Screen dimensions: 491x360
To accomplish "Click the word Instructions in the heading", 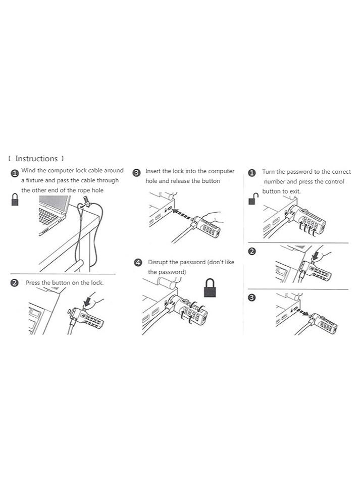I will pyautogui.click(x=36, y=159).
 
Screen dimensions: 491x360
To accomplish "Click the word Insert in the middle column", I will pyautogui.click(x=153, y=172).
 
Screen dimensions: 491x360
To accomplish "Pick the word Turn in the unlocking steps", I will pyautogui.click(x=269, y=172).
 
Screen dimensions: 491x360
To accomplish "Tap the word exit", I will pyautogui.click(x=295, y=191).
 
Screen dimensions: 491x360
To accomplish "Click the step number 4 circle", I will pyautogui.click(x=138, y=263).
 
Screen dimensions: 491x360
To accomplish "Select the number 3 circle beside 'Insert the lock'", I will pyautogui.click(x=136, y=173).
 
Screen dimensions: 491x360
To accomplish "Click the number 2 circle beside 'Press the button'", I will pyautogui.click(x=15, y=283).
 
